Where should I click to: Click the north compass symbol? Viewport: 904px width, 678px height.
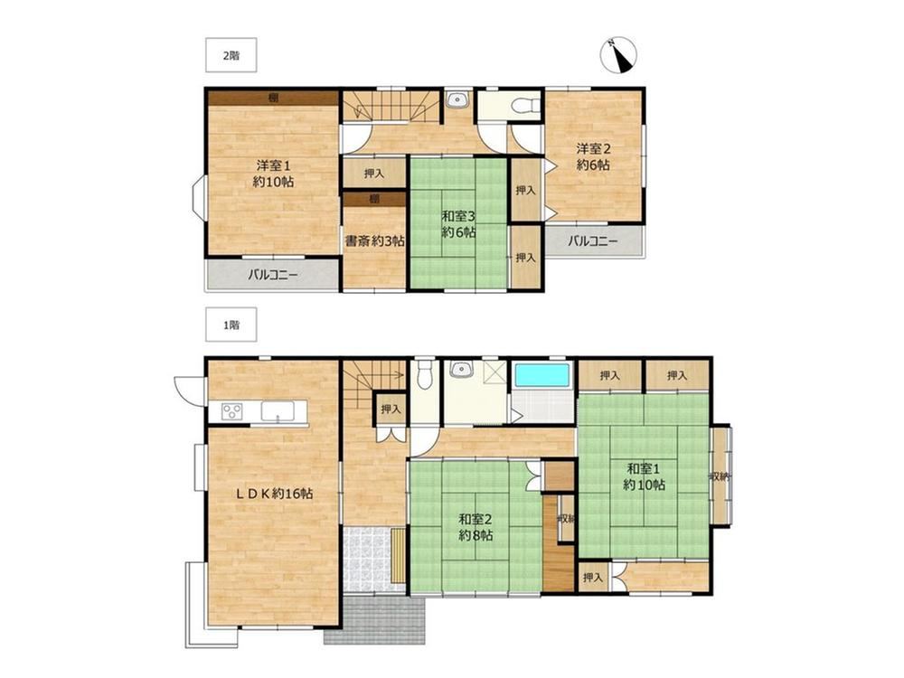pyautogui.click(x=618, y=55)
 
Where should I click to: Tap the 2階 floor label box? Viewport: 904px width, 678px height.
pyautogui.click(x=231, y=55)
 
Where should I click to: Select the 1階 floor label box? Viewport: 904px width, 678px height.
pyautogui.click(x=231, y=325)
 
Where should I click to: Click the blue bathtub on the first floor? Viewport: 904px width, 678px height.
pyautogui.click(x=541, y=375)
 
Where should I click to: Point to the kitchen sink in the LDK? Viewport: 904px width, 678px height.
pyautogui.click(x=278, y=411)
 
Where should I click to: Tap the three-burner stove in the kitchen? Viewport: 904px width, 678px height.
pyautogui.click(x=232, y=411)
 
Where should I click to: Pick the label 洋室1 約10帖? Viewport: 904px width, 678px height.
pyautogui.click(x=273, y=174)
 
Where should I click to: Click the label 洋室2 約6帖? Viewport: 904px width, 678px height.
pyautogui.click(x=593, y=156)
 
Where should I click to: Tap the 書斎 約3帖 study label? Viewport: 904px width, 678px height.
pyautogui.click(x=374, y=241)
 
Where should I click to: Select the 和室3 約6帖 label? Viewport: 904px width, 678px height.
pyautogui.click(x=458, y=224)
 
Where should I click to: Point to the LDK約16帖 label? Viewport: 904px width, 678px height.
pyautogui.click(x=273, y=494)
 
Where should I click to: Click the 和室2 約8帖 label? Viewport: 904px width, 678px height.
pyautogui.click(x=476, y=527)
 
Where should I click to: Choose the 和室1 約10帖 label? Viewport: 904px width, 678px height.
pyautogui.click(x=644, y=476)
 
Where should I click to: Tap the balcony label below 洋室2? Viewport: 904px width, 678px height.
pyautogui.click(x=592, y=241)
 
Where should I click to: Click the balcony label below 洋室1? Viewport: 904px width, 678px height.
pyautogui.click(x=273, y=275)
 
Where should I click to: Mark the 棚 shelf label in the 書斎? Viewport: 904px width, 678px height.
pyautogui.click(x=374, y=200)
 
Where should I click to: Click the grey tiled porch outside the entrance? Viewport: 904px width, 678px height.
pyautogui.click(x=375, y=620)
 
